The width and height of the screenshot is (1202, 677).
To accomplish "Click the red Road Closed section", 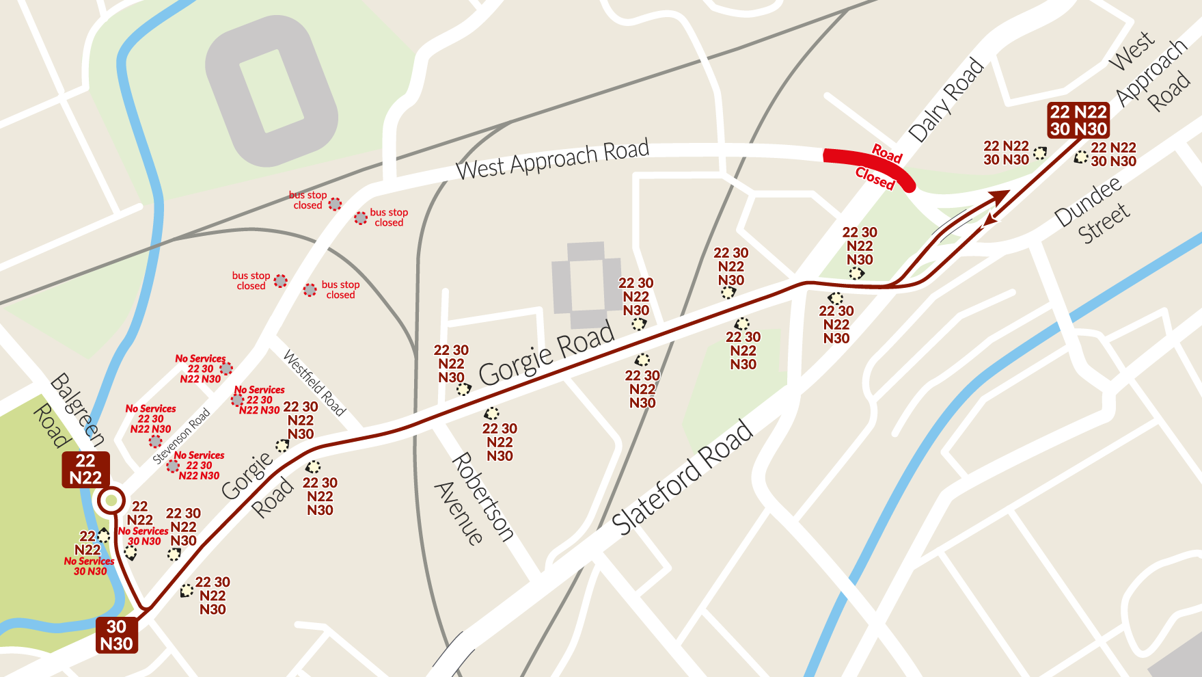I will [x=868, y=166].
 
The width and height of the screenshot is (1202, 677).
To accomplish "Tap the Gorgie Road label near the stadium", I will [x=546, y=354].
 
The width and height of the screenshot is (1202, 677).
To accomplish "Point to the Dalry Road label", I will [x=946, y=101].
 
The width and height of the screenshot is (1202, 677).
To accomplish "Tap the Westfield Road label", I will [x=314, y=383].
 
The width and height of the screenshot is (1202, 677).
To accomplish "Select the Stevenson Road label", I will [x=181, y=436].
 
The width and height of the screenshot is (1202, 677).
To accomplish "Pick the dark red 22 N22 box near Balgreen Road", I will [x=85, y=469].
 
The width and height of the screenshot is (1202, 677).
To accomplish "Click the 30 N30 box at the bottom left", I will [x=116, y=635].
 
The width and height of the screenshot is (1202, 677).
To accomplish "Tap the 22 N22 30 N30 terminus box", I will [x=1078, y=120].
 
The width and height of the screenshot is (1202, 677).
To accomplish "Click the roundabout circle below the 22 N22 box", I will [x=111, y=501].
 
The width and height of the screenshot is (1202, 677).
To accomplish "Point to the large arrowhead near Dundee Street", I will [x=998, y=198].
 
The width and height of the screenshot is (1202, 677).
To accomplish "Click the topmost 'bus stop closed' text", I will [x=308, y=200].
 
